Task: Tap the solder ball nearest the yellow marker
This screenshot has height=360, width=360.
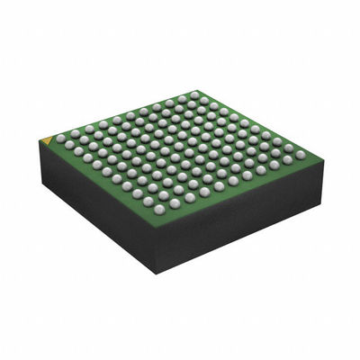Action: (60, 139)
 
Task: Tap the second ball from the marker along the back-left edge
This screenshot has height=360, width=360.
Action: (72, 134)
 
